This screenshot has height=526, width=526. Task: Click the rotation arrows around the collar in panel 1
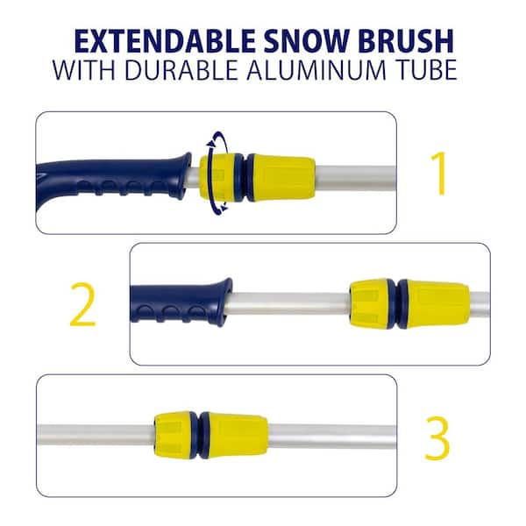coord(216,172)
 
